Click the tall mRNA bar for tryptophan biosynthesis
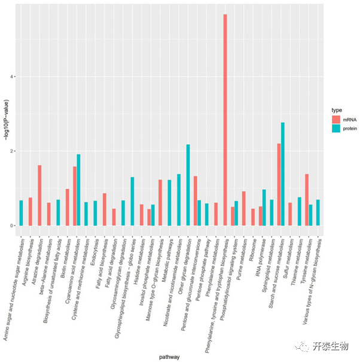point(225,120)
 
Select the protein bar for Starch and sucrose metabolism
point(282,174)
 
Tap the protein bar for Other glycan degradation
point(188,185)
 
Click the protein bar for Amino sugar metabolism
point(21,213)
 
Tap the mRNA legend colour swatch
point(337,120)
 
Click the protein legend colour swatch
point(337,128)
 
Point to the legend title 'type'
point(337,110)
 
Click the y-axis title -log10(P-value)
point(5,120)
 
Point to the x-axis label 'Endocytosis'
point(90,252)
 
